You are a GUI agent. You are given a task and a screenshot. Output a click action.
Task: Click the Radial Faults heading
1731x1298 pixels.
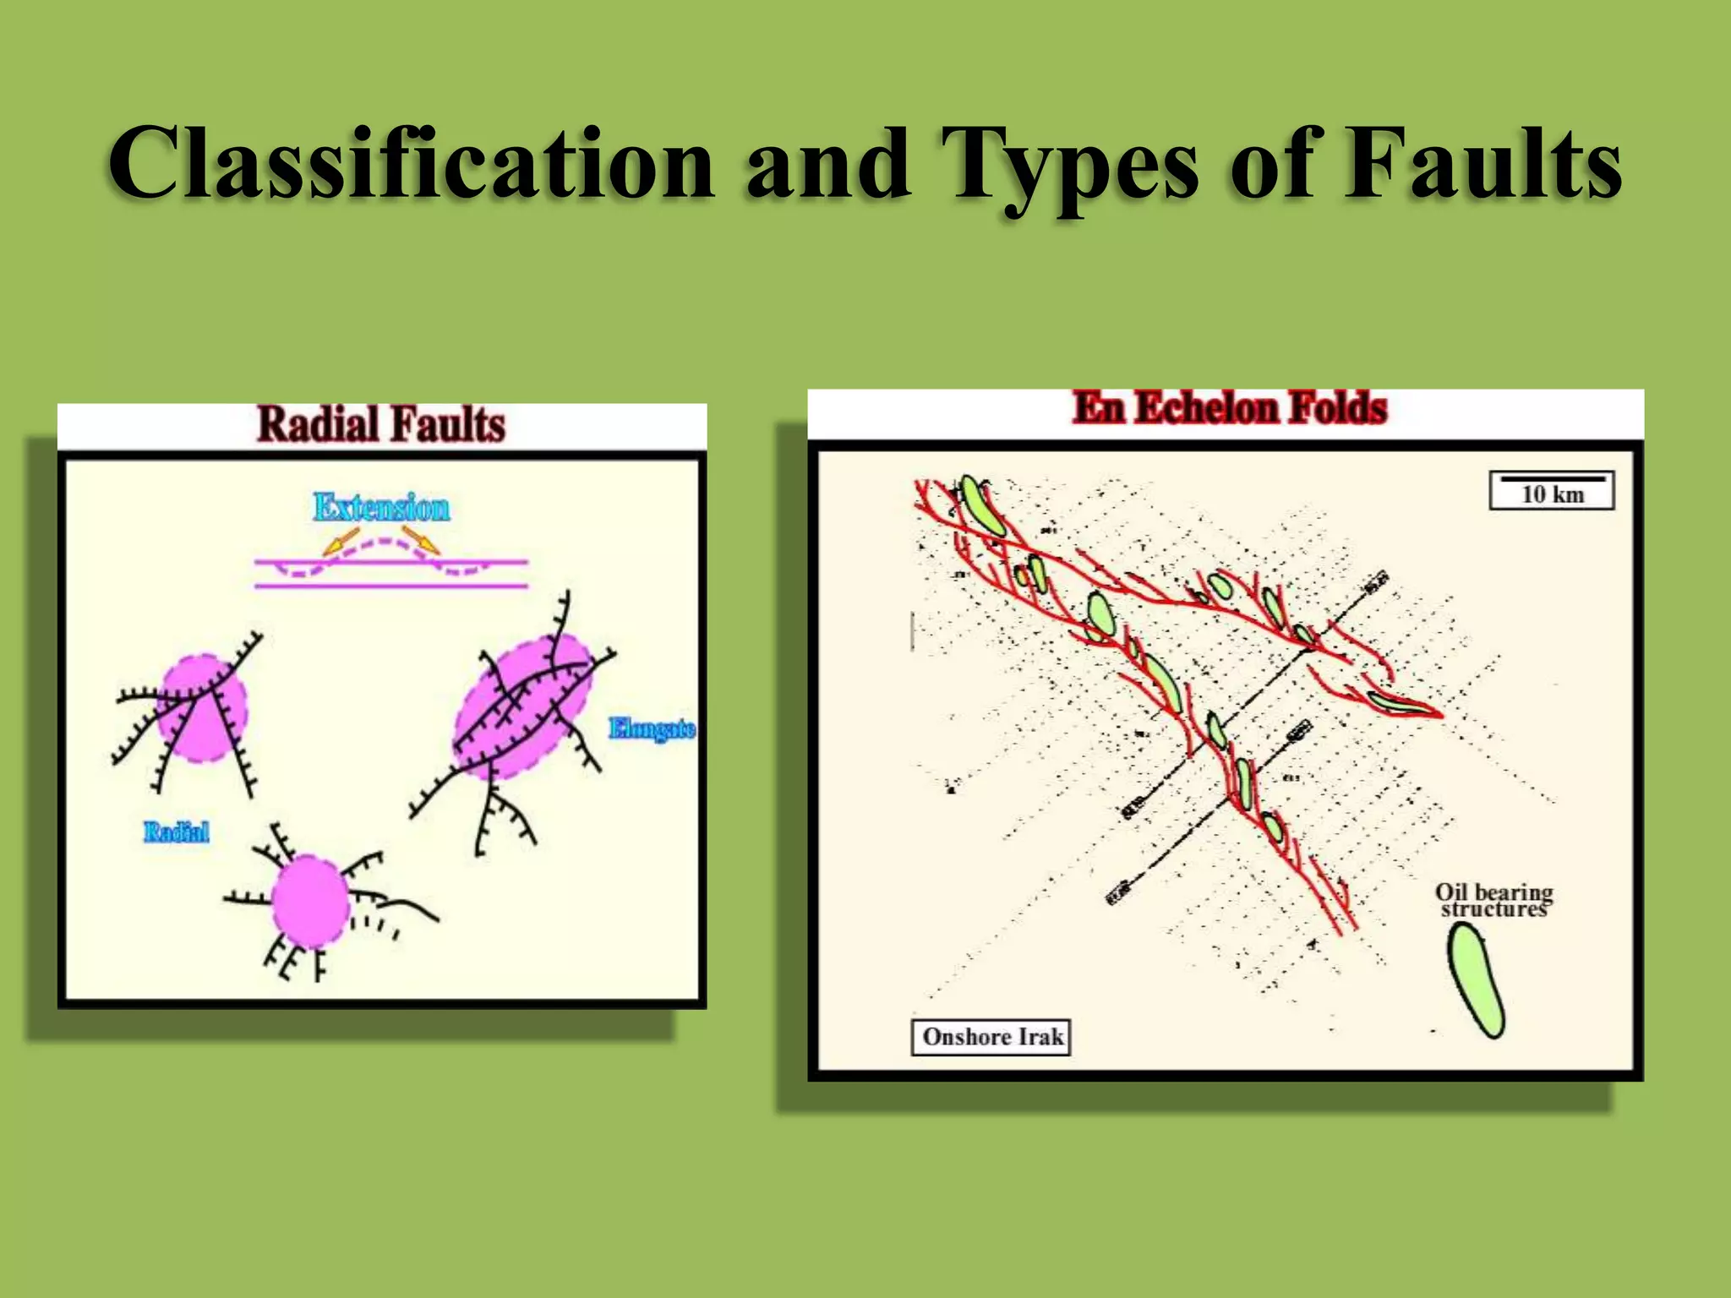click(x=381, y=423)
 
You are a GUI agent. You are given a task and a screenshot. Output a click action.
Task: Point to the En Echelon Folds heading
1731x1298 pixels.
click(x=1230, y=409)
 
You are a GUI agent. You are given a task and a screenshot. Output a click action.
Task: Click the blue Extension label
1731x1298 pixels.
click(x=381, y=507)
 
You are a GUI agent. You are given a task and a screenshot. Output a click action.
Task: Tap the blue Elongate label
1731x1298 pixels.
click(x=652, y=728)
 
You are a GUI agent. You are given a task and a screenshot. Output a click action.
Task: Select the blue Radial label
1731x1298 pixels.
click(x=176, y=832)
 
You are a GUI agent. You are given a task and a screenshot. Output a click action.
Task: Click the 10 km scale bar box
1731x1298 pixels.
click(x=1552, y=491)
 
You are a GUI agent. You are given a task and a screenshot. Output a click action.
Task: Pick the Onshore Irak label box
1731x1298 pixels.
click(x=991, y=1037)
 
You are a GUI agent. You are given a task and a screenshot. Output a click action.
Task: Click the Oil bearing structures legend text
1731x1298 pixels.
click(x=1493, y=901)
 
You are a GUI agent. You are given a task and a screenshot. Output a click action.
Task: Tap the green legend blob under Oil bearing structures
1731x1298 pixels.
click(x=1476, y=980)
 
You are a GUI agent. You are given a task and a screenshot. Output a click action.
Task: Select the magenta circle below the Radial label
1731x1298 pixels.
click(x=310, y=902)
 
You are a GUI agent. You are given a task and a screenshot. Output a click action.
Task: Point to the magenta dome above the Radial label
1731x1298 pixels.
click(x=203, y=708)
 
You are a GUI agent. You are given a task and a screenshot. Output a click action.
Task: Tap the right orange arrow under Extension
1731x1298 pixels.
click(x=420, y=540)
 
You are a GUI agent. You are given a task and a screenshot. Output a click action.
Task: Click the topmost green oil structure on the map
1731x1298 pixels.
click(x=982, y=504)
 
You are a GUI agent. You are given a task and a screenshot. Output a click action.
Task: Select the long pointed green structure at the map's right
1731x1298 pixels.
click(x=1399, y=704)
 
